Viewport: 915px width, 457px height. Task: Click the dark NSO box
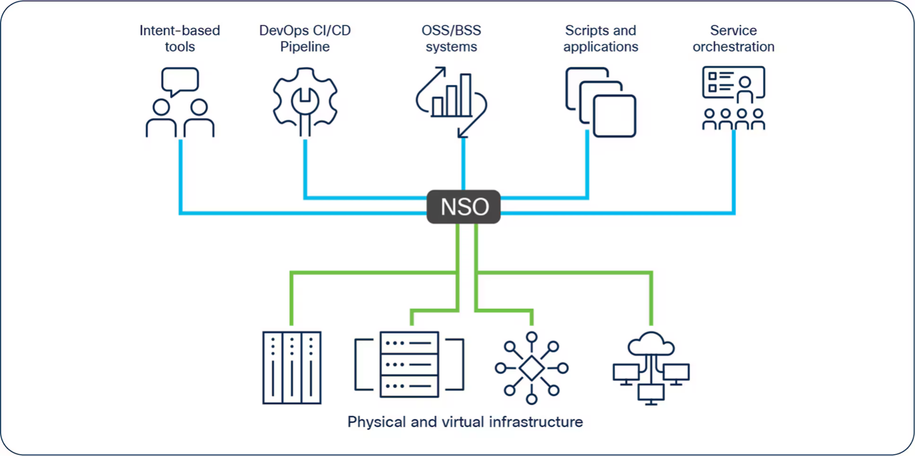click(463, 207)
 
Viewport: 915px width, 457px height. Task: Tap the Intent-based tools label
click(180, 38)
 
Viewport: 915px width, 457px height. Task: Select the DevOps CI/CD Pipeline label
click(305, 38)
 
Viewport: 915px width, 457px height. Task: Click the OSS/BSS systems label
click(451, 38)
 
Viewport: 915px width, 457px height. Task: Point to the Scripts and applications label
click(600, 38)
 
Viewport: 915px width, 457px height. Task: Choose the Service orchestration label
click(733, 38)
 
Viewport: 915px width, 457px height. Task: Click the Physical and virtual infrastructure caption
click(465, 422)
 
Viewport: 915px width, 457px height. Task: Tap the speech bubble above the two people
click(180, 81)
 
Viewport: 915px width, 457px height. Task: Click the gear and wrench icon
click(305, 101)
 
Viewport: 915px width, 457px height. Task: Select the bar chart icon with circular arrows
click(452, 101)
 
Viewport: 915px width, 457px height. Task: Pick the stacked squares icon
click(600, 102)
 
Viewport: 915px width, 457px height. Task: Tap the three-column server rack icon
click(292, 368)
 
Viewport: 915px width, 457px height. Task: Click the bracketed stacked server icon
click(410, 364)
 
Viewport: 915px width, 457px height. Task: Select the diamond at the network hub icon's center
click(531, 368)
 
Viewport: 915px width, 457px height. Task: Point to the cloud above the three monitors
click(651, 346)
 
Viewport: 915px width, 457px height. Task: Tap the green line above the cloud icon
click(651, 300)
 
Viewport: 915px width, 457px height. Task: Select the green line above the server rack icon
click(292, 300)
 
